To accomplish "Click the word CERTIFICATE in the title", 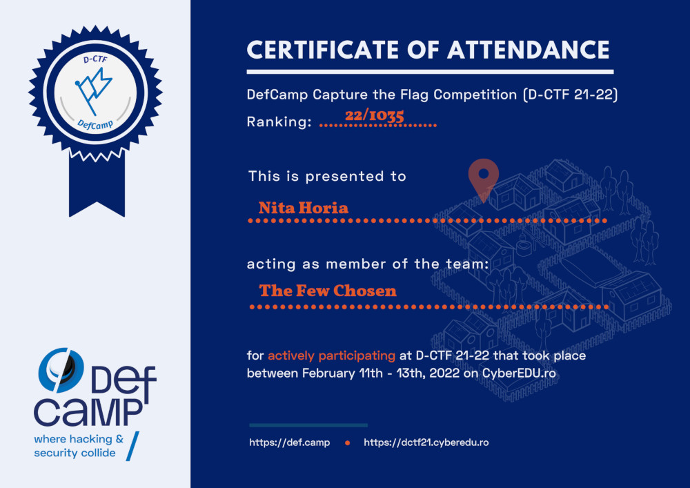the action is (x=322, y=50).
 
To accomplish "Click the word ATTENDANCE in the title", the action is (x=529, y=50).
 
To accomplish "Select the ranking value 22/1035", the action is (x=375, y=116).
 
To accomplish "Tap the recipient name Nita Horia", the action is (x=303, y=208).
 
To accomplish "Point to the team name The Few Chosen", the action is (x=328, y=291).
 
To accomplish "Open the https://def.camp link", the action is (x=290, y=442).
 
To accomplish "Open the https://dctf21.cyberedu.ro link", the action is (x=426, y=442).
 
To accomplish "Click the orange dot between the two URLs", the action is (x=347, y=443).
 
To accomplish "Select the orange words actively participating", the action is (x=331, y=355).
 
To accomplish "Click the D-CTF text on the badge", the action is (x=95, y=59).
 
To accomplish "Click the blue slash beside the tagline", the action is (x=132, y=446).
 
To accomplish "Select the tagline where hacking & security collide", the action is (x=79, y=446).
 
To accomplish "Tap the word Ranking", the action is (x=279, y=121).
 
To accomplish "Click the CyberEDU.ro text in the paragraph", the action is (x=519, y=373).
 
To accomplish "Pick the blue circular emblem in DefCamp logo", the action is (x=61, y=371).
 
